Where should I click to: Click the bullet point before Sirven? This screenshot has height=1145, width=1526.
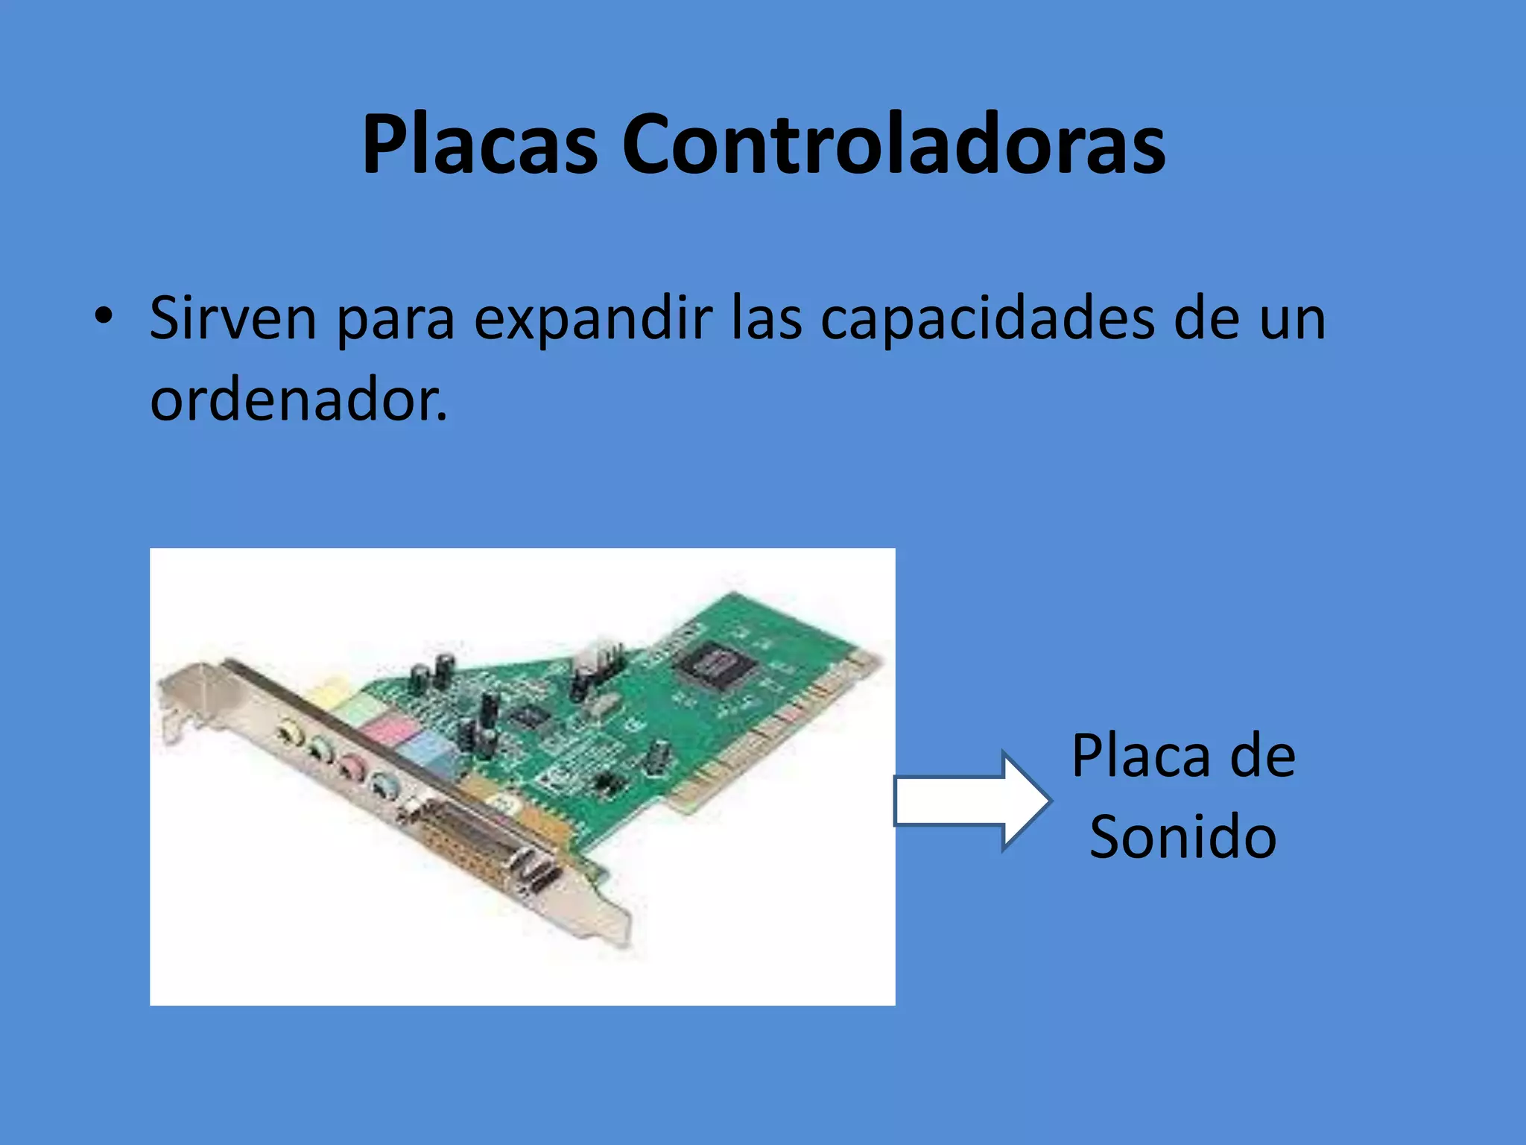click(104, 316)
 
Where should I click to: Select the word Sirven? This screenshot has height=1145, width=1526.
click(233, 318)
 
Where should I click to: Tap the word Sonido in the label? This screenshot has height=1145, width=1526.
click(1183, 837)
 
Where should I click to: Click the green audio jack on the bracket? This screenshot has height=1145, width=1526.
click(320, 748)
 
